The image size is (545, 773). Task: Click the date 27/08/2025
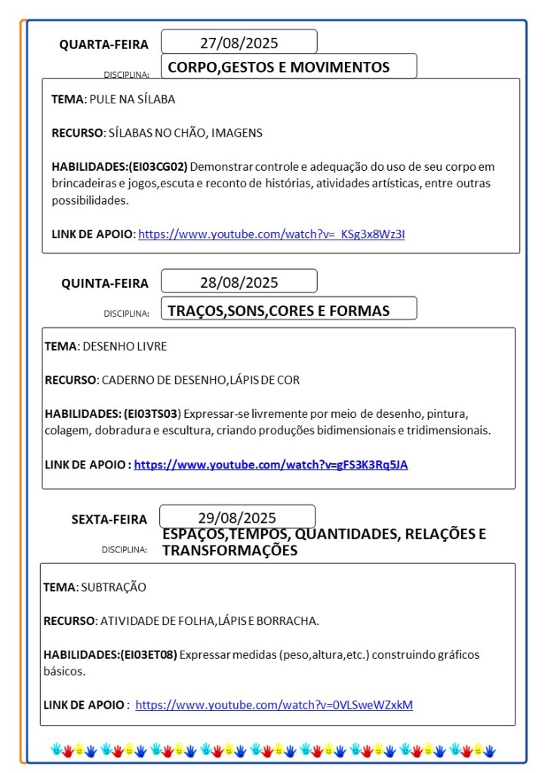pyautogui.click(x=239, y=42)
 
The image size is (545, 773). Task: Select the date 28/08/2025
pyautogui.click(x=239, y=283)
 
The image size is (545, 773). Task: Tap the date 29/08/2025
pyautogui.click(x=237, y=518)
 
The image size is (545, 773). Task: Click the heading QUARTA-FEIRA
pyautogui.click(x=104, y=45)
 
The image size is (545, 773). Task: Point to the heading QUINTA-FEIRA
pyautogui.click(x=105, y=283)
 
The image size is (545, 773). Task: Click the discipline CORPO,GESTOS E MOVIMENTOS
pyautogui.click(x=279, y=67)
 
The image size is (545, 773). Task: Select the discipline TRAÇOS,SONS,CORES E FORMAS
pyautogui.click(x=279, y=311)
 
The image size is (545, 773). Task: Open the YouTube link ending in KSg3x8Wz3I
pyautogui.click(x=272, y=233)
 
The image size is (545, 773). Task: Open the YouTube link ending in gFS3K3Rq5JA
pyautogui.click(x=271, y=465)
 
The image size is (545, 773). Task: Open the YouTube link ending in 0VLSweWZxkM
pyautogui.click(x=274, y=705)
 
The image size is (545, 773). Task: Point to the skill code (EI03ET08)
pyautogui.click(x=148, y=654)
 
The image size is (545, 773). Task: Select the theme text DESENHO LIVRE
pyautogui.click(x=125, y=346)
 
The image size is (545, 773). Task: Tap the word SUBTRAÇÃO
pyautogui.click(x=113, y=587)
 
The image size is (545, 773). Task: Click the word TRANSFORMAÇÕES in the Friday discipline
pyautogui.click(x=229, y=551)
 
